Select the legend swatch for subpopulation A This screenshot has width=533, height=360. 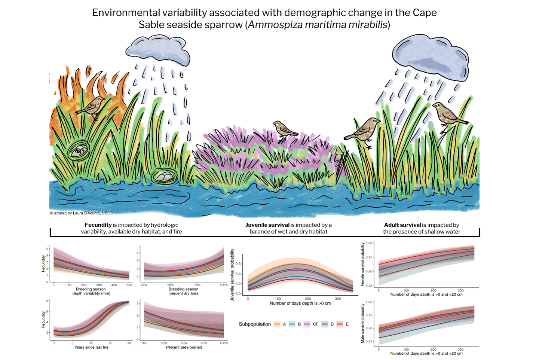point(277,324)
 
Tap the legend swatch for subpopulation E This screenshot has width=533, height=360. point(340,324)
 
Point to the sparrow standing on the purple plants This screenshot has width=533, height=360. point(285,129)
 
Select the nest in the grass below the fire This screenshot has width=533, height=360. point(79,150)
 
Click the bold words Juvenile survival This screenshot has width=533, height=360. point(267,225)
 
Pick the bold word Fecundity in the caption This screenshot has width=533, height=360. point(98,225)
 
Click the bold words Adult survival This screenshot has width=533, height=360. point(402,225)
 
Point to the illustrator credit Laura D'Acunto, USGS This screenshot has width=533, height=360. point(81,213)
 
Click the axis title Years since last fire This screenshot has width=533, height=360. point(91,348)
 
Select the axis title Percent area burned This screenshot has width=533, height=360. point(184,348)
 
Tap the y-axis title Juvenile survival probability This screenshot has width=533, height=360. point(232,275)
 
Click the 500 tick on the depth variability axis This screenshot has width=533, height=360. point(129,285)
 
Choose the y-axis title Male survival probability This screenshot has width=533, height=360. point(362,323)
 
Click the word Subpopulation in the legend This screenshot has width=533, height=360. point(255,324)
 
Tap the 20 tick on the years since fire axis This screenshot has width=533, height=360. point(129,343)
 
